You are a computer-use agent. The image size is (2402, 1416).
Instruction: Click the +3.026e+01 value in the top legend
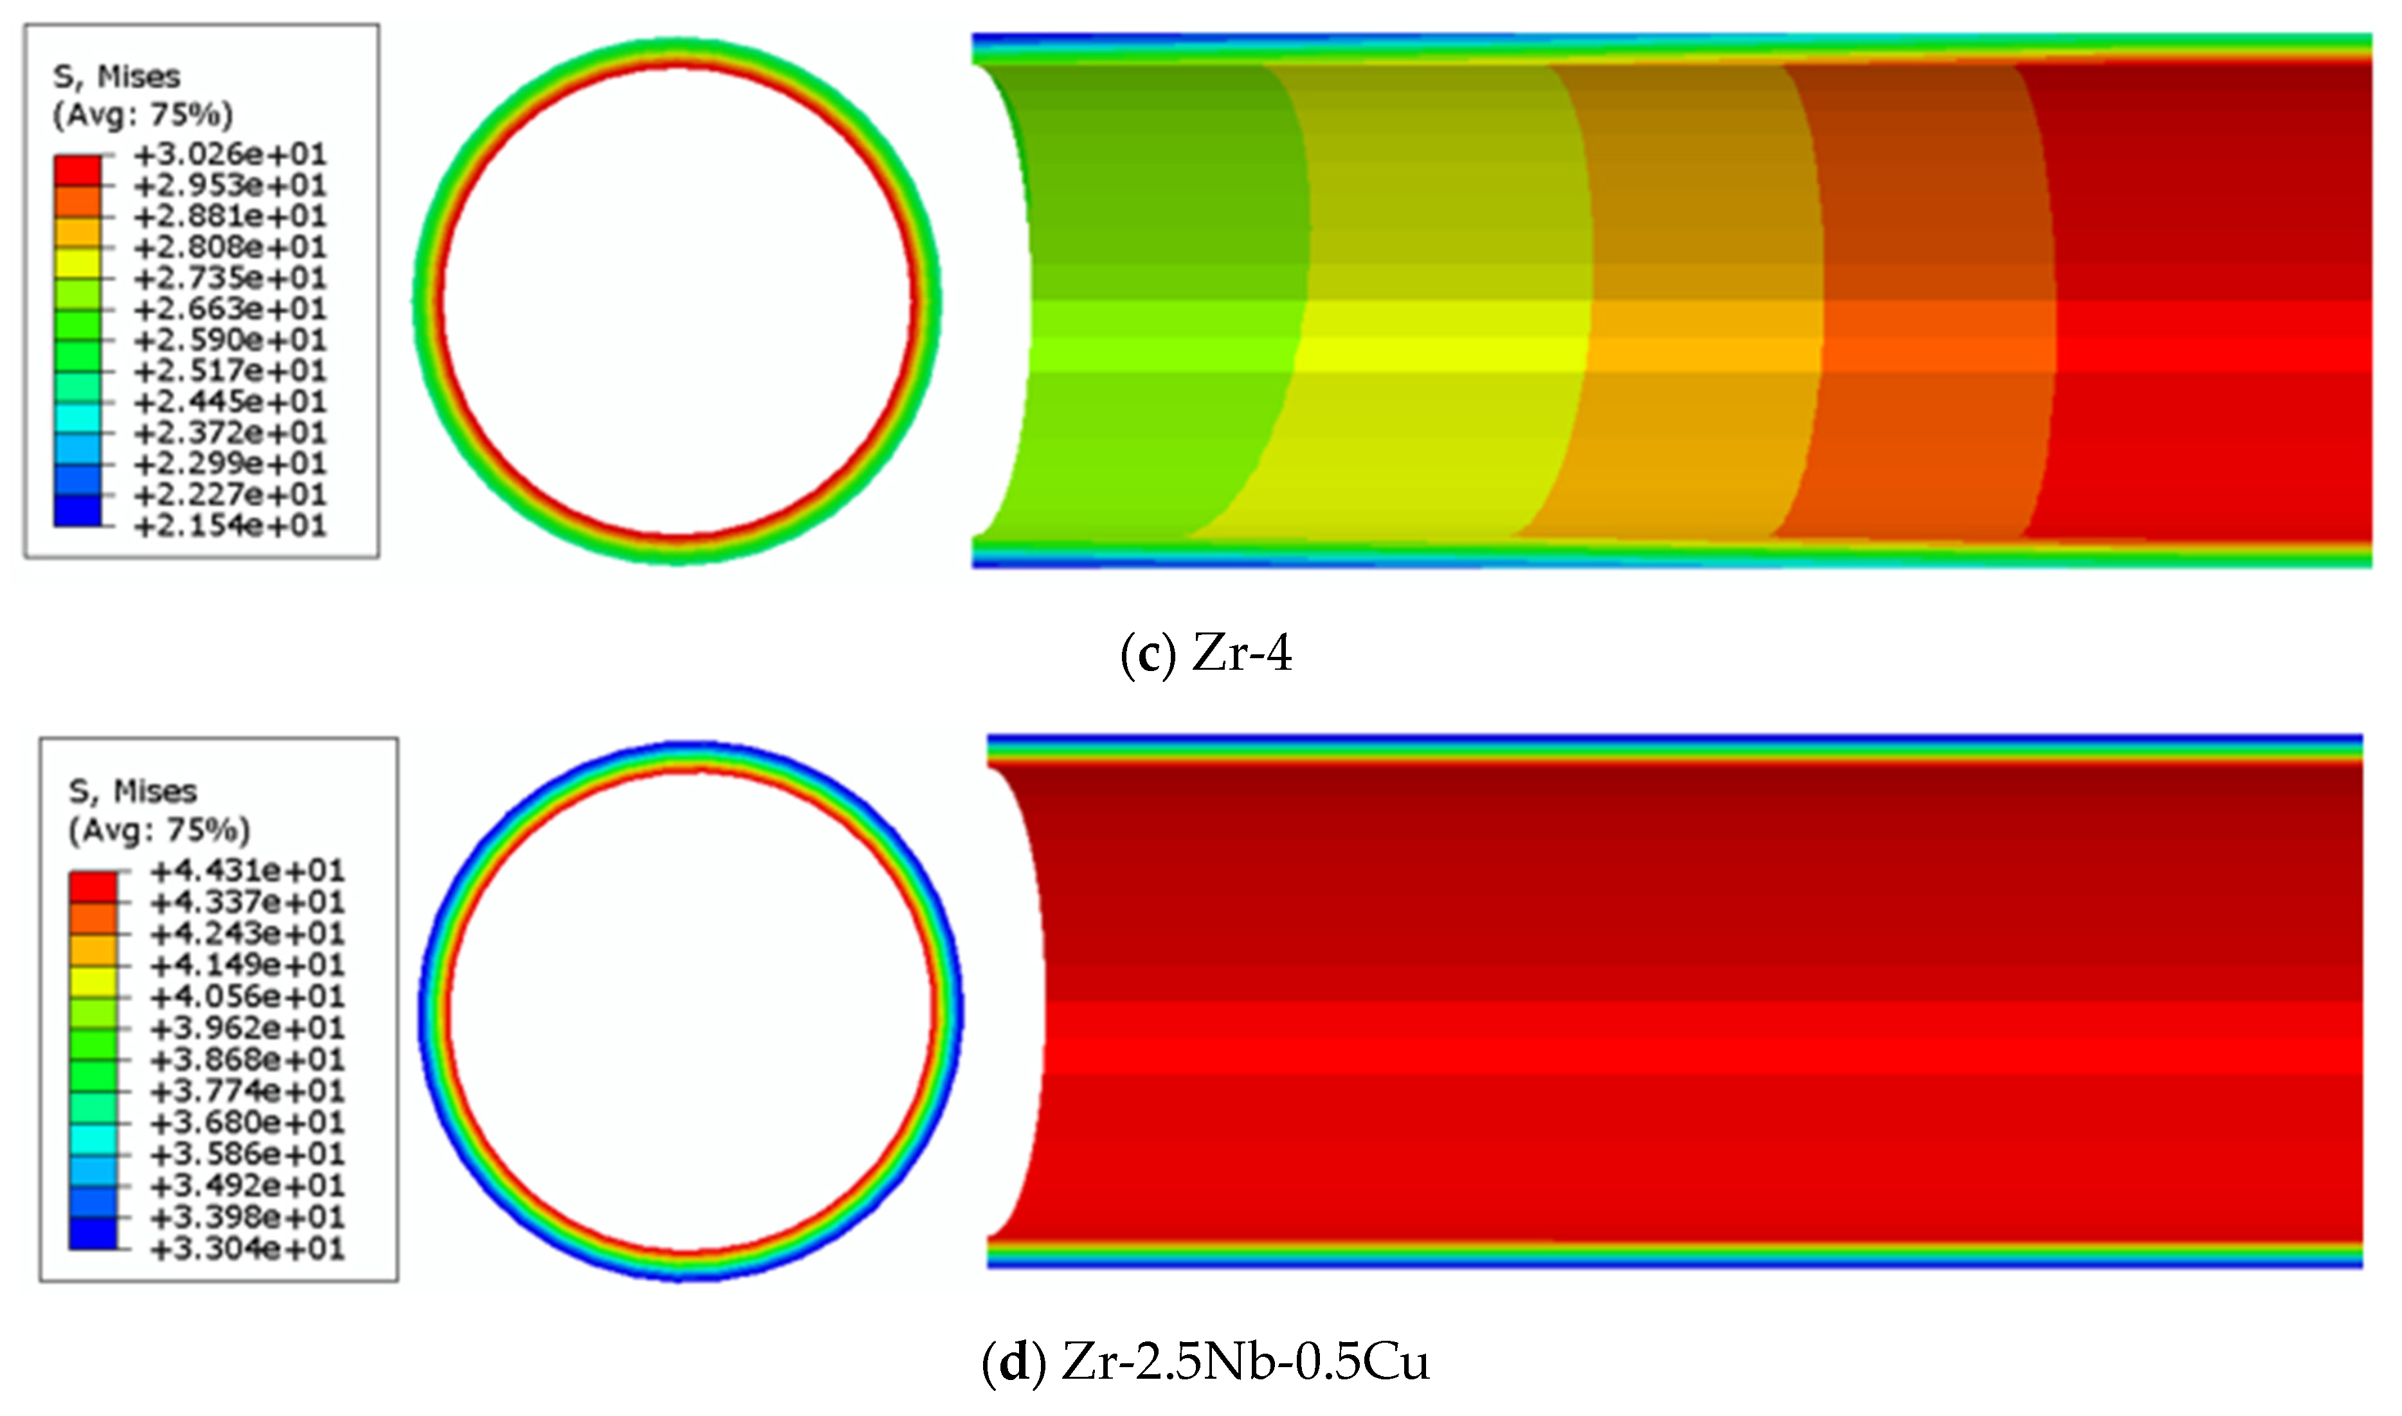click(230, 154)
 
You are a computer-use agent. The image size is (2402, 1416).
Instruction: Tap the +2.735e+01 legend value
click(230, 278)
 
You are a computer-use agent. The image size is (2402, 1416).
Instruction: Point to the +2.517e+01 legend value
click(230, 371)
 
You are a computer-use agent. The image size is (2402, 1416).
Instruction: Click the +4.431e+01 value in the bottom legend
click(247, 871)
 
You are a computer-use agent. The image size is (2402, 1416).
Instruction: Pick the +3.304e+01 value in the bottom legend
click(247, 1249)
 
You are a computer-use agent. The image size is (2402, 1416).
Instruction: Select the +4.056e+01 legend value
click(247, 997)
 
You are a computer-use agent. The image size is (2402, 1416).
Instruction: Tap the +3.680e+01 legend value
click(247, 1123)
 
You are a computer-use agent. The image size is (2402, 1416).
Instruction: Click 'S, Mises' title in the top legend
click(116, 76)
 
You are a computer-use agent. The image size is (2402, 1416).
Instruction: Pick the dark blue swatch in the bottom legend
click(93, 1233)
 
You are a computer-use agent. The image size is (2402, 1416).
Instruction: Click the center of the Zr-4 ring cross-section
click(676, 301)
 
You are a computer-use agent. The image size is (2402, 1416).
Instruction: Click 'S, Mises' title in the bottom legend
click(132, 792)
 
